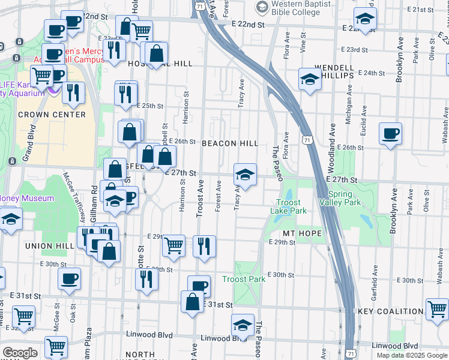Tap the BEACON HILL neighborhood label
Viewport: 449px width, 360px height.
[x=230, y=143]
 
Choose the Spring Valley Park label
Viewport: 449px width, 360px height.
[x=345, y=199]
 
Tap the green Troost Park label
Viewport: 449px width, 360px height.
[x=244, y=280]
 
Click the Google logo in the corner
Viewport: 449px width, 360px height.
[x=20, y=353]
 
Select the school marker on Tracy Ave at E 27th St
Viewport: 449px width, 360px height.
[x=245, y=175]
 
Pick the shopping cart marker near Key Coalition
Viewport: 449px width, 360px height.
[x=436, y=310]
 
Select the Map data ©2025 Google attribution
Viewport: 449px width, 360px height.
[x=411, y=355]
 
